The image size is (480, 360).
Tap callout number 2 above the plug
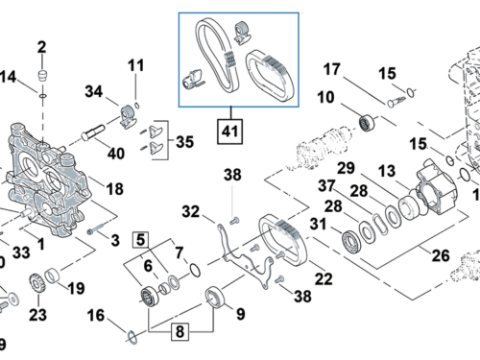41,48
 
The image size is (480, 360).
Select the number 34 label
92,92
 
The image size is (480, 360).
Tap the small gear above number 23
38,283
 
